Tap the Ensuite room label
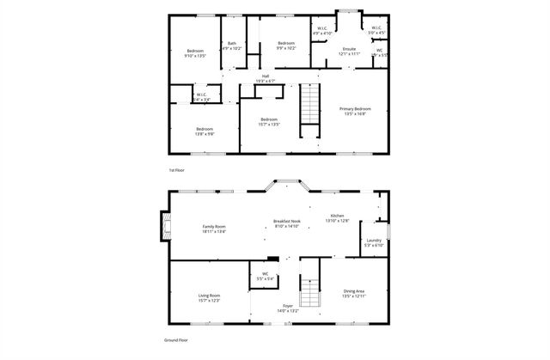tap(349, 49)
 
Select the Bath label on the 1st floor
tap(232, 43)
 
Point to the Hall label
tap(266, 76)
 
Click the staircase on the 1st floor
tap(309, 111)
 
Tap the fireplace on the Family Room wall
tap(162, 227)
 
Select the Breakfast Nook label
tap(286, 221)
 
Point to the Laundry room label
tap(373, 240)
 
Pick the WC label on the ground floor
tap(266, 274)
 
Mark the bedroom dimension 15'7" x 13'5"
tap(269, 125)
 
